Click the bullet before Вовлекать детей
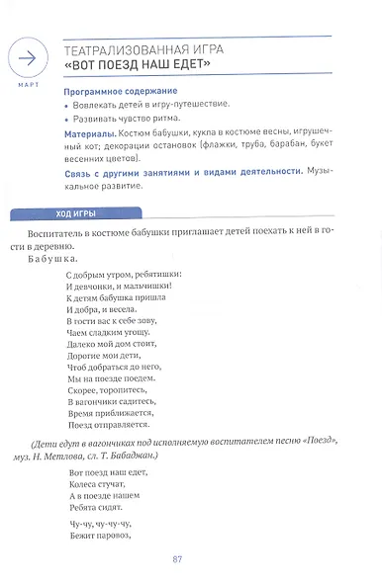tap(69, 104)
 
